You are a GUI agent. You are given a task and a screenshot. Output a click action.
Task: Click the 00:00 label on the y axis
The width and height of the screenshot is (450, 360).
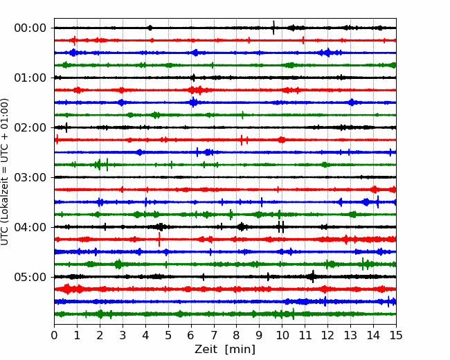pos(30,28)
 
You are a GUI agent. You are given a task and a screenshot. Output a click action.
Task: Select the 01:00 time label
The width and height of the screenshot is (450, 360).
pos(30,78)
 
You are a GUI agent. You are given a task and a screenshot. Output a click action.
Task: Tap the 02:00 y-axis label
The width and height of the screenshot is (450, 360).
pos(30,127)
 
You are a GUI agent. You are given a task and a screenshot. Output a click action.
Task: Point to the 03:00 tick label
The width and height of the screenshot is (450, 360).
pos(30,177)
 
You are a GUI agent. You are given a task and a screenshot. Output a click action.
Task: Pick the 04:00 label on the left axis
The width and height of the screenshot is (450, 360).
pos(30,227)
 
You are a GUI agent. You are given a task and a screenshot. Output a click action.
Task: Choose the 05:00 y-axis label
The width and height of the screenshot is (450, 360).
pos(30,277)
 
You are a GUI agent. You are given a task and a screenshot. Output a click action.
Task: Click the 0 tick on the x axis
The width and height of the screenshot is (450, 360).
pos(55,336)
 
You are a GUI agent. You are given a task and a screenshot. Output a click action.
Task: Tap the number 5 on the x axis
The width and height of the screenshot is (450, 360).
pos(168,336)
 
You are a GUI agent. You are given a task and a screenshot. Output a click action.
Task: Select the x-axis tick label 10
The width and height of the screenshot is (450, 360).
pos(282,336)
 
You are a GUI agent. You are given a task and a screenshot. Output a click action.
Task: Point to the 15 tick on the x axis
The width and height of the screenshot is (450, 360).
pos(395,336)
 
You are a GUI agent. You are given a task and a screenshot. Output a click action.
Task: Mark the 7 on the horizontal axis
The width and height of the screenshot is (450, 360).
pos(214,336)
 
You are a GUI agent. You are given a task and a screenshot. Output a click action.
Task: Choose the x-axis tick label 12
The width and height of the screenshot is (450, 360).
pos(327,336)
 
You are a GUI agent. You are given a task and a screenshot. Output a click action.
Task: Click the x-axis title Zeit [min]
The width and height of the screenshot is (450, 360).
pos(225,350)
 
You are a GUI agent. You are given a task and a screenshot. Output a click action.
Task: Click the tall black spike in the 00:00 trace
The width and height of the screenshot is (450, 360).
pos(273,28)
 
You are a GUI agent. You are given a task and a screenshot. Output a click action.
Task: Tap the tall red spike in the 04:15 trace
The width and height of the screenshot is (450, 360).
pos(159,240)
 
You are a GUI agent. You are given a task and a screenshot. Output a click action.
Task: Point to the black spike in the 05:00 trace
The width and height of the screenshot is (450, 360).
pos(312,277)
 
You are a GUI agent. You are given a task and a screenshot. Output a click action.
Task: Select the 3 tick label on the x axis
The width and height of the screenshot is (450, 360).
pos(123,336)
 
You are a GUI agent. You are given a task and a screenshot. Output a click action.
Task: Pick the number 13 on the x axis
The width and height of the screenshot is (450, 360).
pos(350,336)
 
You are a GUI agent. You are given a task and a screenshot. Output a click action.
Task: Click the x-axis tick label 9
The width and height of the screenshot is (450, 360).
pos(259,336)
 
